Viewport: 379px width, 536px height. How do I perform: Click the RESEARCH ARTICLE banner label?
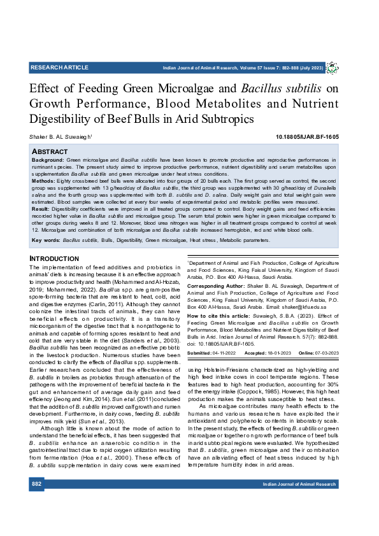(59, 67)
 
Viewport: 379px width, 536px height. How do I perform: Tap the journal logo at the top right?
(332, 67)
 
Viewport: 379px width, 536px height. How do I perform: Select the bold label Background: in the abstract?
(48, 159)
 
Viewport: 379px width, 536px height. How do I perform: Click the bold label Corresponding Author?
(215, 287)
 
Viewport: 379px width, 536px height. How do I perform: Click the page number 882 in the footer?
(37, 484)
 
